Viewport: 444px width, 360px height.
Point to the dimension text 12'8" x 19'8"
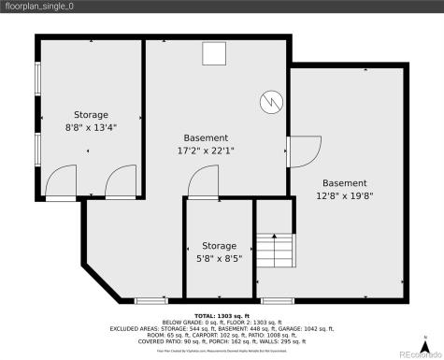pos(344,197)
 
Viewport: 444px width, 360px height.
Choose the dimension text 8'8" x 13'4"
pos(92,129)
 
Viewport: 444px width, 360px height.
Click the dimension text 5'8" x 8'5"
pos(220,259)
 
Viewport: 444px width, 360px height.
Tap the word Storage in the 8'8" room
pos(92,115)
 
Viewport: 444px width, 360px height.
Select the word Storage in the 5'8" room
pos(220,245)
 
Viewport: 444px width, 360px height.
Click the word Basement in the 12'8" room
pos(344,183)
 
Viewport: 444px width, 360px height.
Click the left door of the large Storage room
pos(61,183)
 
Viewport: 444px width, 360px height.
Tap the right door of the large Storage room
pos(121,183)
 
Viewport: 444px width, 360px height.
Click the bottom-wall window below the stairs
pos(275,300)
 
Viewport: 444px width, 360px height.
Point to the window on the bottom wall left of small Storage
pos(150,300)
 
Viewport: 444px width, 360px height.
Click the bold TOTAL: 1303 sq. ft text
pos(222,317)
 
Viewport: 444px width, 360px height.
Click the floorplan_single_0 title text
pos(37,7)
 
